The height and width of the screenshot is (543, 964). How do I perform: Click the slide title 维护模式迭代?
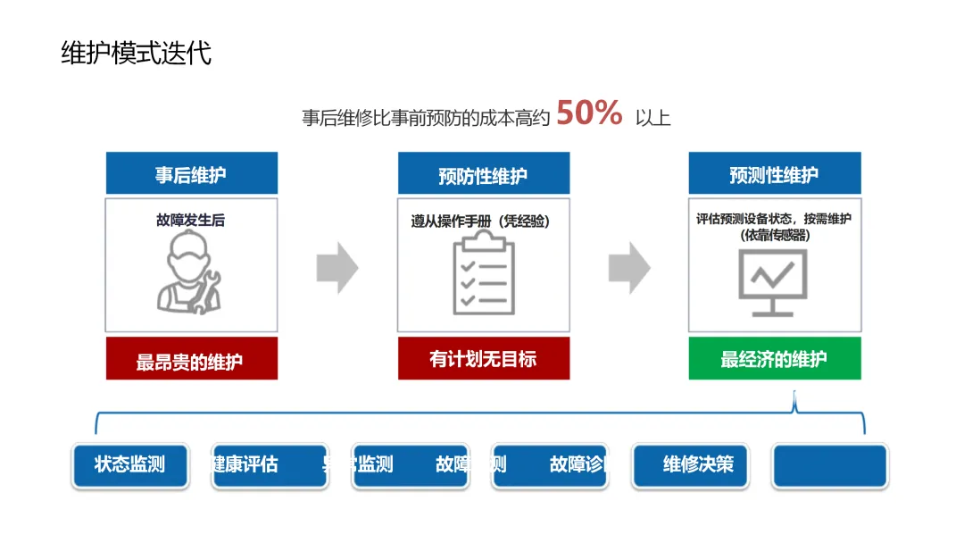(x=136, y=53)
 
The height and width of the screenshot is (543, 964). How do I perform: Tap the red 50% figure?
(x=589, y=113)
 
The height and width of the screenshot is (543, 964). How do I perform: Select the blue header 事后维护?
(x=191, y=174)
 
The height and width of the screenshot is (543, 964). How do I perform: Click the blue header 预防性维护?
(x=483, y=175)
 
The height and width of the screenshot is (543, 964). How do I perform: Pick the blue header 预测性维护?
(x=774, y=174)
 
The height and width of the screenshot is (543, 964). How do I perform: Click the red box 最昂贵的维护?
(x=191, y=360)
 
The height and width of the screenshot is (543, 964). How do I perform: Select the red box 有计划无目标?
(x=483, y=359)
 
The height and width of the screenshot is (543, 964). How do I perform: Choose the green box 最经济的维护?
(x=774, y=359)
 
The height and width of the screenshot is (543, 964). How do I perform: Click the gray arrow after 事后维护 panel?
(x=337, y=267)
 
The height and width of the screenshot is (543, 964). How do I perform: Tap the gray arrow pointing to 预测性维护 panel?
(x=629, y=267)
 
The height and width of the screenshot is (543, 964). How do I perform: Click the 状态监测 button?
(x=130, y=465)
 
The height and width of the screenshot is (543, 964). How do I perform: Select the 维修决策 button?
(x=691, y=465)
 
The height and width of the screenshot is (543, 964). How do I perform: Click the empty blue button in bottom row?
(x=829, y=466)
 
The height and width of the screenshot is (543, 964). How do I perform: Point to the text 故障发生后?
(x=190, y=220)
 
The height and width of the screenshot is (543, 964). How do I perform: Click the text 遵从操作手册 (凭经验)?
(x=480, y=221)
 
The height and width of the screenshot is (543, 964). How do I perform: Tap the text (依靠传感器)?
(x=774, y=235)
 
